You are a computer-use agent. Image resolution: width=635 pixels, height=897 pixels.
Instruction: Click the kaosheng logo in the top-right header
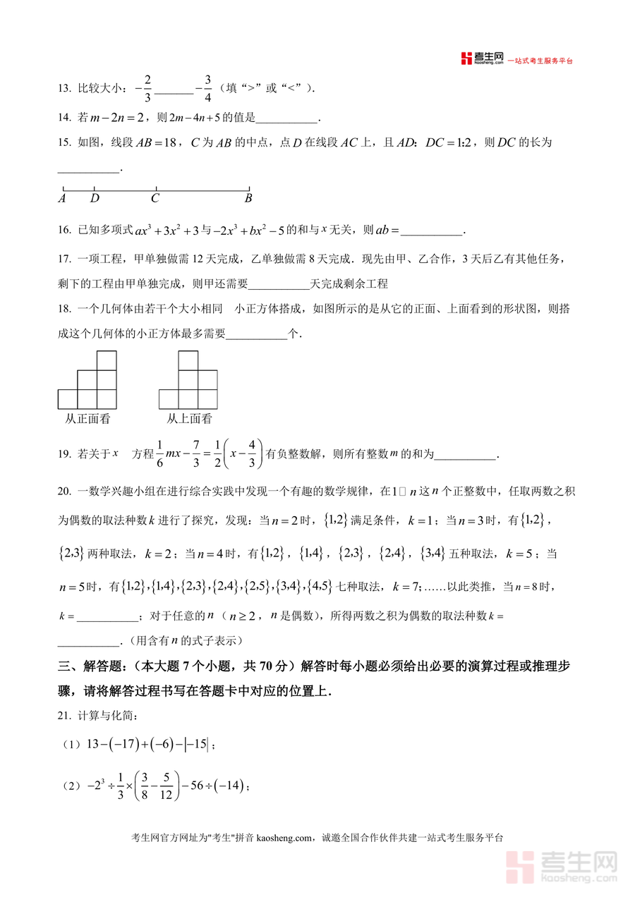pyautogui.click(x=481, y=59)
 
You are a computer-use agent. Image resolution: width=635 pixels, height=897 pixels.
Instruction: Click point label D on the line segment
pyautogui.click(x=95, y=199)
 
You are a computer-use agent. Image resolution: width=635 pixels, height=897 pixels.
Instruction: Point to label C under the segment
pyautogui.click(x=155, y=199)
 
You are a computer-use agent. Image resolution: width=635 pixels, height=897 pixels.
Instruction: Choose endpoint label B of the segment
pyautogui.click(x=248, y=199)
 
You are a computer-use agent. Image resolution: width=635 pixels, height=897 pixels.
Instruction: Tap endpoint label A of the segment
pyautogui.click(x=62, y=199)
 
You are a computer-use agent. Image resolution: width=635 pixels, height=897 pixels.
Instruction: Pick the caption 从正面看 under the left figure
pyautogui.click(x=87, y=419)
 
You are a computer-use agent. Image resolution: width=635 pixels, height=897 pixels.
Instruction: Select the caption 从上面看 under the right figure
pyautogui.click(x=189, y=419)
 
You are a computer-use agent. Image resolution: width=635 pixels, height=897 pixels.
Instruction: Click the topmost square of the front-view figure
pyautogui.click(x=107, y=360)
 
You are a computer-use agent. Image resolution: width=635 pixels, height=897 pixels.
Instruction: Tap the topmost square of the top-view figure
pyautogui.click(x=188, y=360)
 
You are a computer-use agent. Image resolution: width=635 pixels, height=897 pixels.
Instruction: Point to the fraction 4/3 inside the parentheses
pyautogui.click(x=252, y=454)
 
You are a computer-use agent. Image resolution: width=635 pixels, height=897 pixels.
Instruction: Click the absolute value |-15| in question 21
pyautogui.click(x=198, y=744)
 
